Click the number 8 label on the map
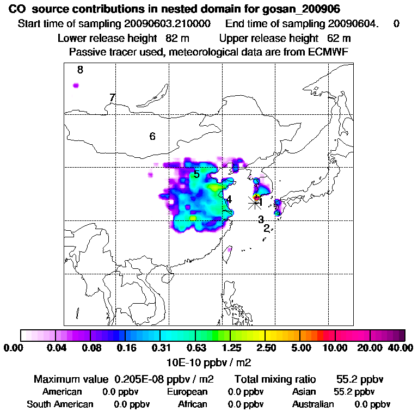click(80, 70)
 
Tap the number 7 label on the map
click(112, 97)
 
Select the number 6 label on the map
click(152, 136)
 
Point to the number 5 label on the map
click(196, 174)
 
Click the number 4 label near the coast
click(229, 200)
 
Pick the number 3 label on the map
click(261, 219)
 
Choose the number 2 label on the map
click(267, 229)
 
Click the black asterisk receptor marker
click(254, 202)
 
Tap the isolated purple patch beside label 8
click(76, 85)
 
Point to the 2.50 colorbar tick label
click(265, 348)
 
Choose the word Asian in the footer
click(305, 392)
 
